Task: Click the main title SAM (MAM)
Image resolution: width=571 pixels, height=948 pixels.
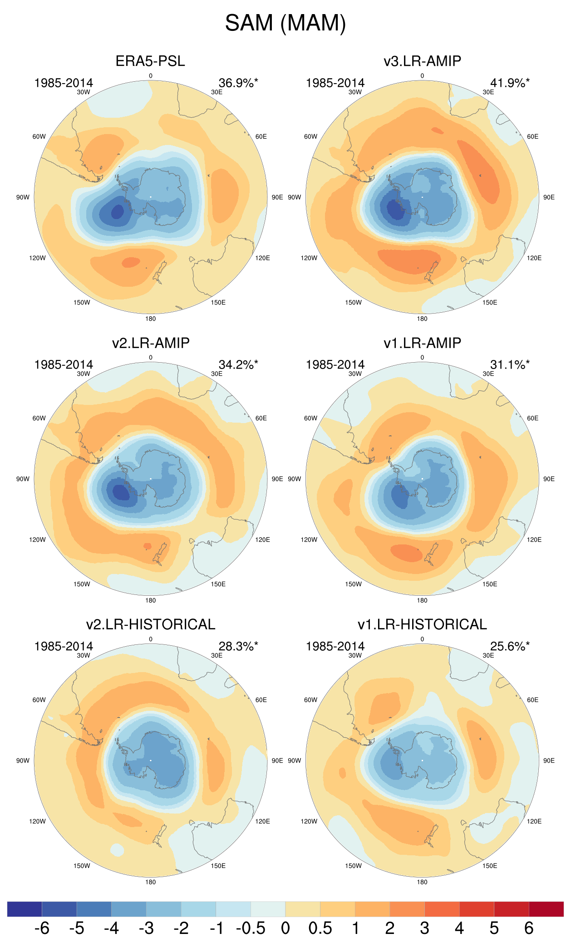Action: (x=285, y=23)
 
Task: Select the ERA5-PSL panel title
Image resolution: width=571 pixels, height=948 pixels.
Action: (x=150, y=61)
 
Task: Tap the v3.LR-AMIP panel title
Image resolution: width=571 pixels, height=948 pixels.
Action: (x=422, y=61)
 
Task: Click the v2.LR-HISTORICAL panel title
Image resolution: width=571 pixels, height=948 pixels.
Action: (x=150, y=624)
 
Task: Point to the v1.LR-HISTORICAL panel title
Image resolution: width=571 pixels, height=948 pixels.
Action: (x=422, y=624)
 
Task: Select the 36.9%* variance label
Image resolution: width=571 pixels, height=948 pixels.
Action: (x=238, y=83)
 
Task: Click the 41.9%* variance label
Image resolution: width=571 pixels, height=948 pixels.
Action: (x=509, y=83)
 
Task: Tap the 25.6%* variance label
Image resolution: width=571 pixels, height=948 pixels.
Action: (x=509, y=646)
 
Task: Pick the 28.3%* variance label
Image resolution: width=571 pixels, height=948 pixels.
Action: (x=238, y=646)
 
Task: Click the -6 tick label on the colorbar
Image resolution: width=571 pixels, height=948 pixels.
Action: (x=42, y=928)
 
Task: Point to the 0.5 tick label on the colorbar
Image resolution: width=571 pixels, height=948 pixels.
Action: (x=320, y=928)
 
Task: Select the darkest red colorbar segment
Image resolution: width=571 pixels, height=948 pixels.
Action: (x=546, y=909)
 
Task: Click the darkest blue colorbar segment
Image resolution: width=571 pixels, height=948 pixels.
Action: (x=25, y=909)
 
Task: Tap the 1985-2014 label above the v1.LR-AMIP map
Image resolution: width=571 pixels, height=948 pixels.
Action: (x=335, y=364)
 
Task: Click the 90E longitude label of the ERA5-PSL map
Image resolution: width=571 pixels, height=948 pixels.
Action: (x=277, y=197)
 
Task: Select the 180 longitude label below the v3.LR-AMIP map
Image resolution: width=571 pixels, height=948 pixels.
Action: (x=422, y=319)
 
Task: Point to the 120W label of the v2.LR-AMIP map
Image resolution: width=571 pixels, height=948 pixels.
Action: (x=37, y=539)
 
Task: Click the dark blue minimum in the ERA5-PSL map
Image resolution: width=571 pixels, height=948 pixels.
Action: (x=117, y=212)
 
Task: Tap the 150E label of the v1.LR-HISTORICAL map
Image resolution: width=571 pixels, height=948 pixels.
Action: (x=489, y=866)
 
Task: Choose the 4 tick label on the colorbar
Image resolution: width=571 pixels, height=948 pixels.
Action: (x=459, y=928)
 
